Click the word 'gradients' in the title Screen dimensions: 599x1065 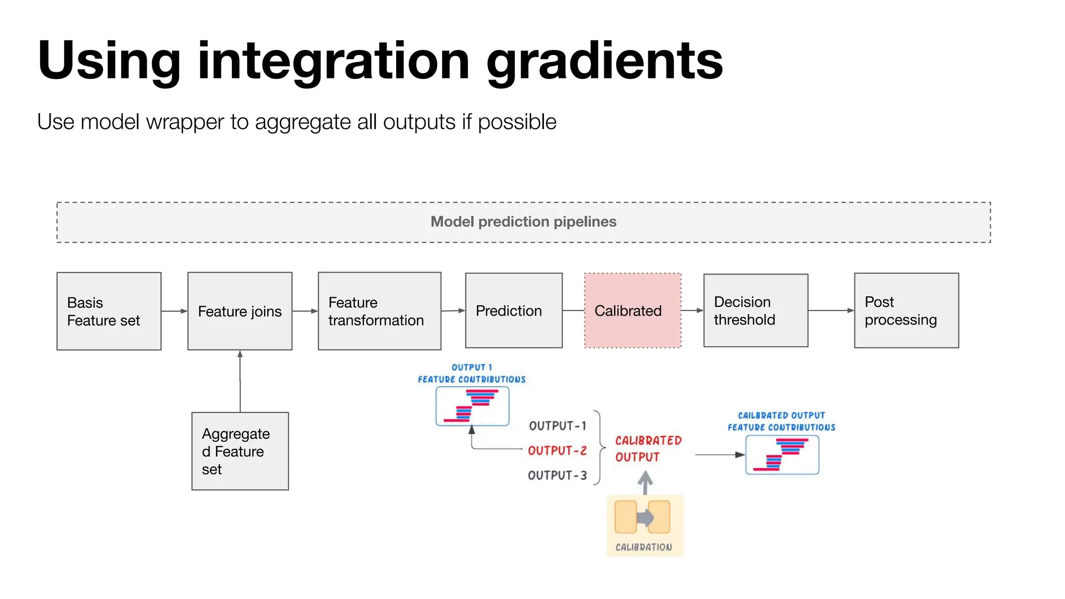(604, 61)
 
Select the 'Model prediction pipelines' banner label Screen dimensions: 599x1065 (523, 222)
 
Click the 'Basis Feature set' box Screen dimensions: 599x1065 (109, 311)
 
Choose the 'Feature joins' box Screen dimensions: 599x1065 (240, 311)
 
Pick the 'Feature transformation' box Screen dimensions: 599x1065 (380, 311)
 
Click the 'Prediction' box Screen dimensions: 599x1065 (514, 310)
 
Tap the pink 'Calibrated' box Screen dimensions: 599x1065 (632, 310)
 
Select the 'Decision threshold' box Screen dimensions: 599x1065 (756, 310)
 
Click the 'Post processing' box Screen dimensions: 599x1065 (906, 310)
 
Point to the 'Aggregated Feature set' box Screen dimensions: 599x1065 (240, 451)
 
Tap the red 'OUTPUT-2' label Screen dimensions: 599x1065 (557, 450)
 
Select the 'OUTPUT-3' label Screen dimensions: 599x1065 (557, 475)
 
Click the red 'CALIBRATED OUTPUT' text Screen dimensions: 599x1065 (647, 449)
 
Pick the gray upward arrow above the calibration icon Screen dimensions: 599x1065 (645, 483)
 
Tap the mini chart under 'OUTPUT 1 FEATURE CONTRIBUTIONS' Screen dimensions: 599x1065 (472, 407)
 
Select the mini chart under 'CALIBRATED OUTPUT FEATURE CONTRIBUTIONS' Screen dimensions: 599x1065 (782, 455)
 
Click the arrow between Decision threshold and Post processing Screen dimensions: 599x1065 (831, 310)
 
